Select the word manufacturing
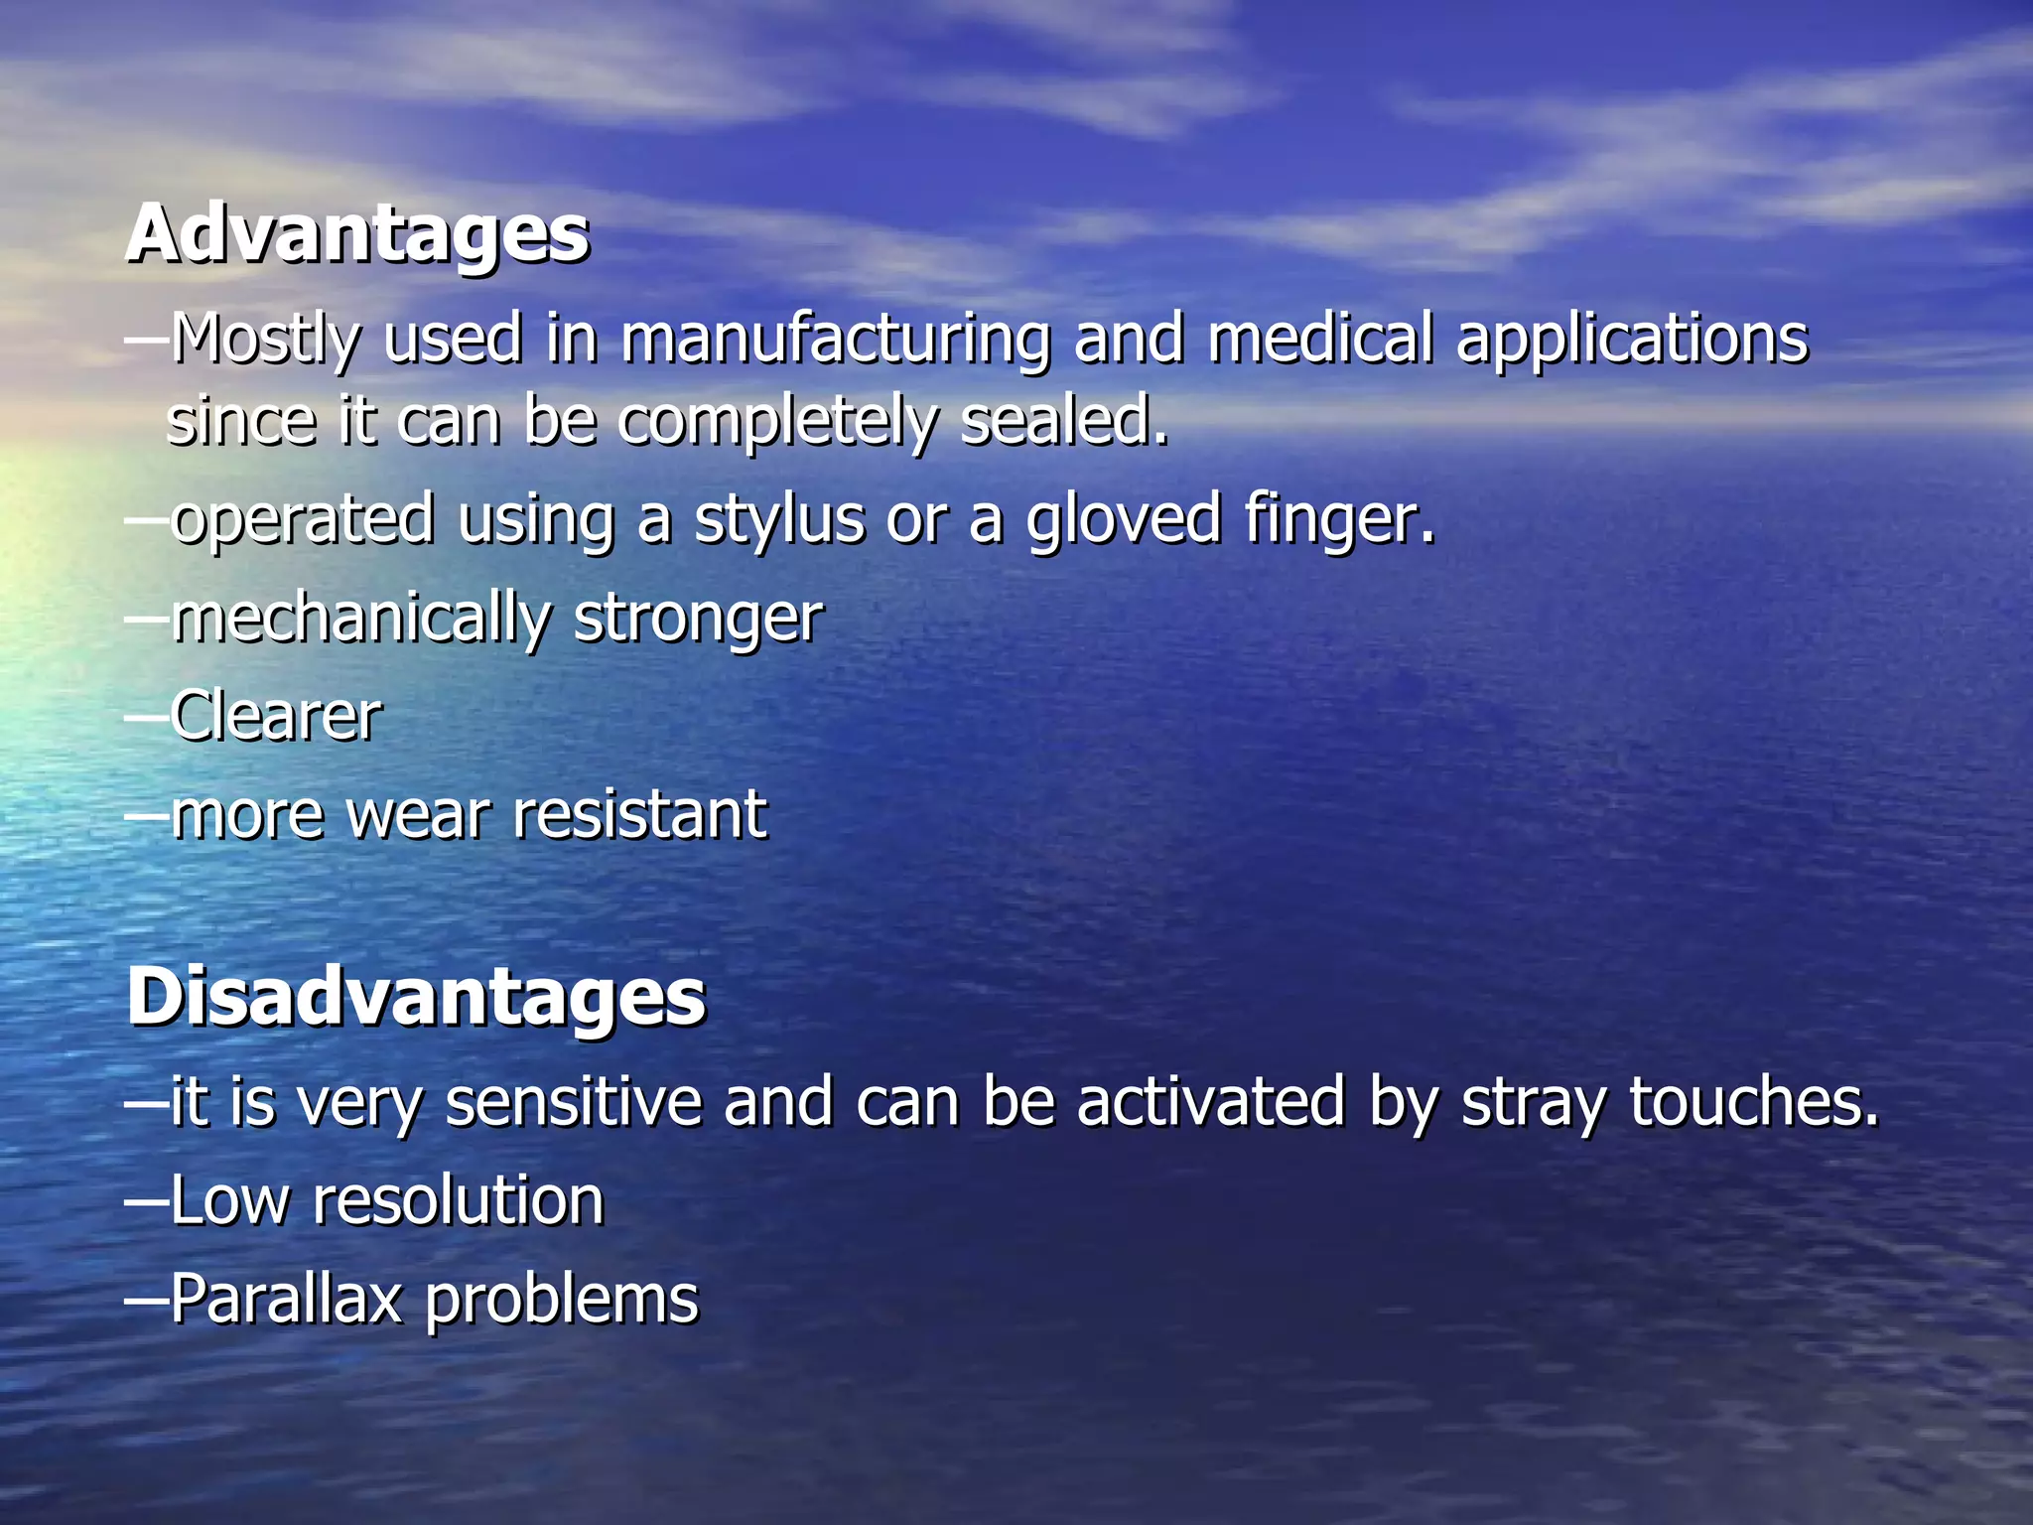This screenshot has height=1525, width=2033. coord(835,340)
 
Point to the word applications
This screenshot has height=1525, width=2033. coord(1632,342)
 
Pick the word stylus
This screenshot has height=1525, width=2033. coord(778,520)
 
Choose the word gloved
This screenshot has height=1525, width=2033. coord(1123,520)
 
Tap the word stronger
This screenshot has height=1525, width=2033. coord(698,620)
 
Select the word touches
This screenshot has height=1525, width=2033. coord(1754,1102)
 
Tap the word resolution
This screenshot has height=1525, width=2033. coord(458,1200)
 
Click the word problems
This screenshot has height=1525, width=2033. coord(562,1301)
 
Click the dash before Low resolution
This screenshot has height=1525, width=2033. coord(147,1200)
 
